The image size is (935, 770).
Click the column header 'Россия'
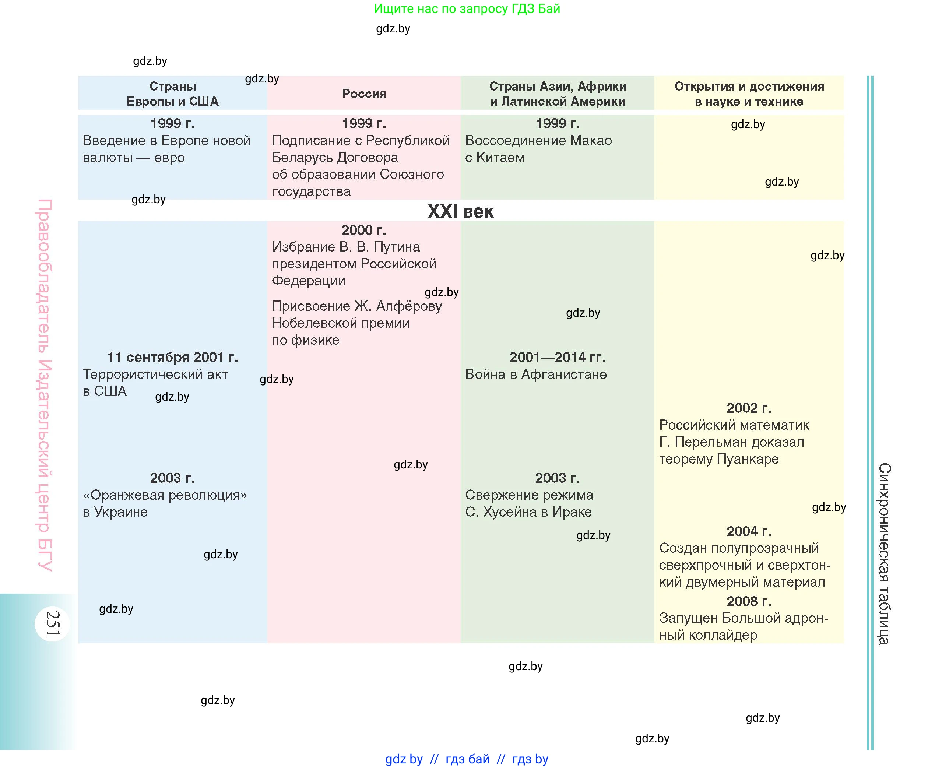(x=364, y=94)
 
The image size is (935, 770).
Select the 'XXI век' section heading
(x=460, y=212)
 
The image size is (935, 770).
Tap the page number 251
(x=53, y=623)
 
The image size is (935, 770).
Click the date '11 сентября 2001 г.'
(x=173, y=357)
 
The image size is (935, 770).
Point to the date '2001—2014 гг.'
(x=557, y=357)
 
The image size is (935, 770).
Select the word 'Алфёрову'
(x=408, y=306)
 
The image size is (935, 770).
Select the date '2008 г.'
(x=749, y=601)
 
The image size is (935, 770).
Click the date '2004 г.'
(x=749, y=531)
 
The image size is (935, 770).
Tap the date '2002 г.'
(x=749, y=408)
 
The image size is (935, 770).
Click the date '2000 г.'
(x=364, y=230)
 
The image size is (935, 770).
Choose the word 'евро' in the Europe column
(x=169, y=158)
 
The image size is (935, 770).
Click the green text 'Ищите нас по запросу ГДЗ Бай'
(x=467, y=8)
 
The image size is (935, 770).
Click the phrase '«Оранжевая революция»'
(x=165, y=495)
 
